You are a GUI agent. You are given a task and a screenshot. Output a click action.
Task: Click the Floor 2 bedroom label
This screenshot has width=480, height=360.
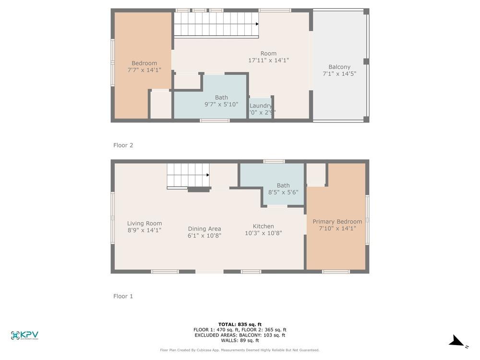(x=144, y=63)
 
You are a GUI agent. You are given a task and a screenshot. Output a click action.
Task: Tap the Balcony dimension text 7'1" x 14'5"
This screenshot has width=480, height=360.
(x=339, y=74)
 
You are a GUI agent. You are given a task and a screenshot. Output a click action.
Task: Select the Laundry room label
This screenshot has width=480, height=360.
(x=261, y=106)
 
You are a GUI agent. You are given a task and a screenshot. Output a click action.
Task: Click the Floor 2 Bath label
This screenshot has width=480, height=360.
(x=221, y=97)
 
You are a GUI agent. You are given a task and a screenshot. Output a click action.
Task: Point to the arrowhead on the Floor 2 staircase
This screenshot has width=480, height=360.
(x=257, y=24)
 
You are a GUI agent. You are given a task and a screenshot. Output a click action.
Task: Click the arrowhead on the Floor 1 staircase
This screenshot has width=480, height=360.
(x=208, y=175)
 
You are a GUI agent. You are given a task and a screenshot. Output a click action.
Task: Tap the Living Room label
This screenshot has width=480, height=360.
(x=144, y=223)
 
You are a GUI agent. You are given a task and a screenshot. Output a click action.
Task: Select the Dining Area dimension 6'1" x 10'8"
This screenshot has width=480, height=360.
(x=204, y=236)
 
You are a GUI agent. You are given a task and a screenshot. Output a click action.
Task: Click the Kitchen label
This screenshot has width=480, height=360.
(x=263, y=226)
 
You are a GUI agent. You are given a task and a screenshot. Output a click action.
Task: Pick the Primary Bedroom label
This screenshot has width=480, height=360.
(x=337, y=221)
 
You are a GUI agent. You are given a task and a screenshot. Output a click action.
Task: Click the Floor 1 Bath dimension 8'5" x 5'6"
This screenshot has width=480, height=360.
(x=283, y=192)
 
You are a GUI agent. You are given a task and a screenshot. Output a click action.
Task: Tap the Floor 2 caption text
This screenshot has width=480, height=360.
(x=123, y=145)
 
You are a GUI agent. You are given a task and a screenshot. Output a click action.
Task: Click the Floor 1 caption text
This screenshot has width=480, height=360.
(x=123, y=296)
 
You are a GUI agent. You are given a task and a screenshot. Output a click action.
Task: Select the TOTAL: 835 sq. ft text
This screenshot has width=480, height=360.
(x=240, y=324)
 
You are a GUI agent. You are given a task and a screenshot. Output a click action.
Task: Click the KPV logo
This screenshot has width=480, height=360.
(x=24, y=336)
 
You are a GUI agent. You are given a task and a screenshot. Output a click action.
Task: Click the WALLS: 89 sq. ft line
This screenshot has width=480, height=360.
(x=240, y=340)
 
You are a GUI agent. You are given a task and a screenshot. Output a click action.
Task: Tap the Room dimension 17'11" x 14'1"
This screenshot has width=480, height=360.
(x=268, y=60)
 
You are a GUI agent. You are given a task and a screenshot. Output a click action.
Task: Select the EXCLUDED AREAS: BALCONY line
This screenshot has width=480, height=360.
(x=240, y=335)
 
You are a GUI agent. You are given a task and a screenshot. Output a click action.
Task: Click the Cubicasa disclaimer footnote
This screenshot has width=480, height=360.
(x=240, y=350)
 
